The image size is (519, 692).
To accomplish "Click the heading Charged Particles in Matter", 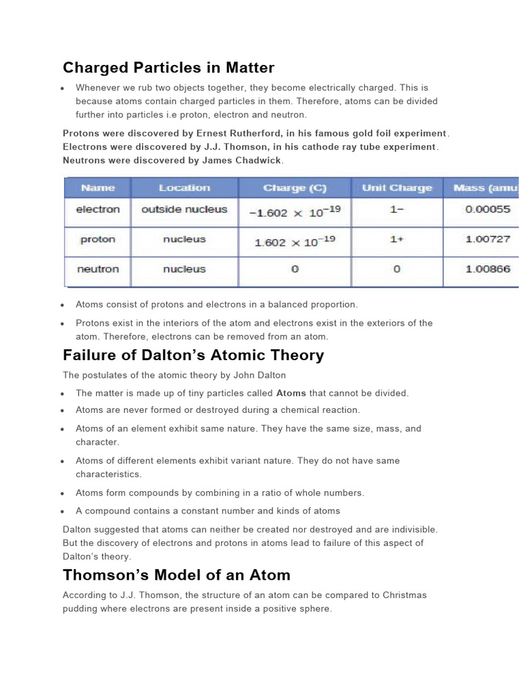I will tap(168, 68).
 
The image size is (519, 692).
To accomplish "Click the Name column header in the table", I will tap(97, 188).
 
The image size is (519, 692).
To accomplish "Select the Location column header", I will tap(184, 188).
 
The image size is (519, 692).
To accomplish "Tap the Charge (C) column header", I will tap(295, 188).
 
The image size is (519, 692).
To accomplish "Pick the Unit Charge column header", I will tap(397, 188).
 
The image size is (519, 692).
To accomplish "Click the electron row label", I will tap(97, 209).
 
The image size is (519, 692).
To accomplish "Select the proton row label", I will tap(97, 239).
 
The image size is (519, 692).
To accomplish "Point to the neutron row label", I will tap(97, 269).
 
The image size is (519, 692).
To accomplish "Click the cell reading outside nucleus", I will tap(184, 209).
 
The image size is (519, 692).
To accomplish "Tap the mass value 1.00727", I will tap(487, 239).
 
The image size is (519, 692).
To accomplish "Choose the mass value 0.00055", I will tap(487, 209).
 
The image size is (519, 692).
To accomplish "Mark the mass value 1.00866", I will tap(487, 269).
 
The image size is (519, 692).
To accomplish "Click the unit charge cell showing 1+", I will tap(397, 239).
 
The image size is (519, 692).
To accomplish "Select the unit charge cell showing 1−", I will tap(397, 209).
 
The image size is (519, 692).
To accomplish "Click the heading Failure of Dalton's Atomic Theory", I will tap(193, 355).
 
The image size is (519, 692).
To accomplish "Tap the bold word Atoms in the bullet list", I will tap(291, 393).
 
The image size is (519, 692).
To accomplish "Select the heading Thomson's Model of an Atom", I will tap(176, 575).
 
